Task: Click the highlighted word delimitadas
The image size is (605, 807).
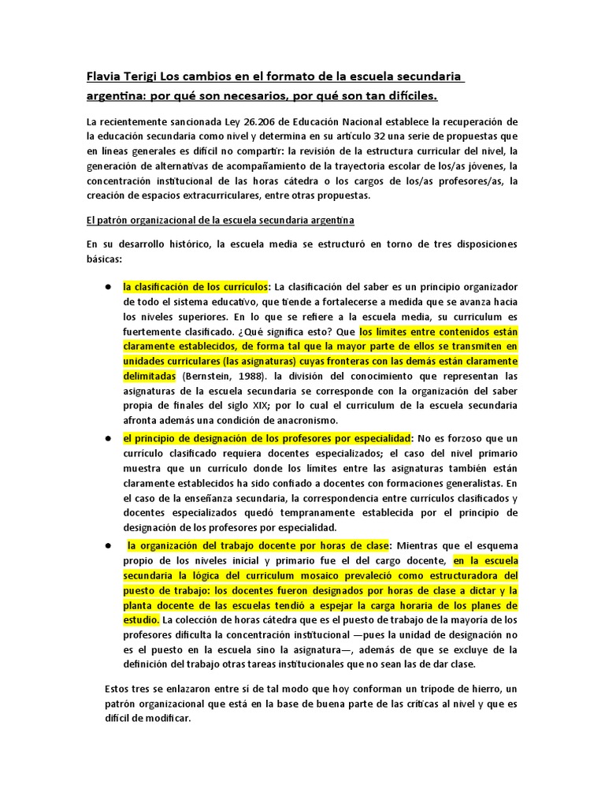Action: pyautogui.click(x=149, y=377)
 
